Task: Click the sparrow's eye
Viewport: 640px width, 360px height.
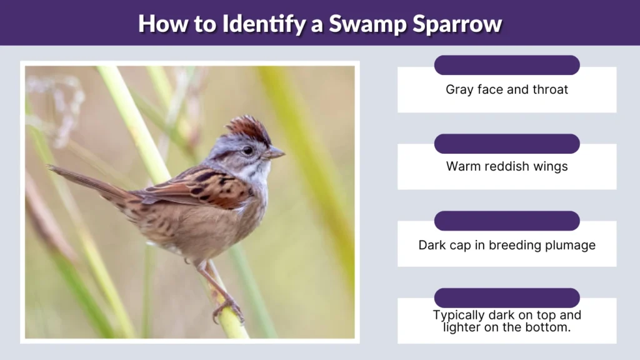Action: coord(247,150)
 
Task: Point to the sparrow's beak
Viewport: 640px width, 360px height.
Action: coord(274,152)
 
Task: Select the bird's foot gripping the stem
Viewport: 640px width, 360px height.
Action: coord(227,309)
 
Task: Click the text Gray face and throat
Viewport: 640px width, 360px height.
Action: coord(507,89)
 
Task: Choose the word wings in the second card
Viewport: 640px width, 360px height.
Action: coord(551,166)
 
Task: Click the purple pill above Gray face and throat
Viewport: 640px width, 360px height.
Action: coord(507,65)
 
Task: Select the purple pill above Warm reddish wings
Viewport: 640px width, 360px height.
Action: coord(507,143)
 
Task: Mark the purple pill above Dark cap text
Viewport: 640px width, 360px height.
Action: coord(507,221)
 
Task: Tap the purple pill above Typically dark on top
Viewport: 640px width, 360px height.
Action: coord(507,297)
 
